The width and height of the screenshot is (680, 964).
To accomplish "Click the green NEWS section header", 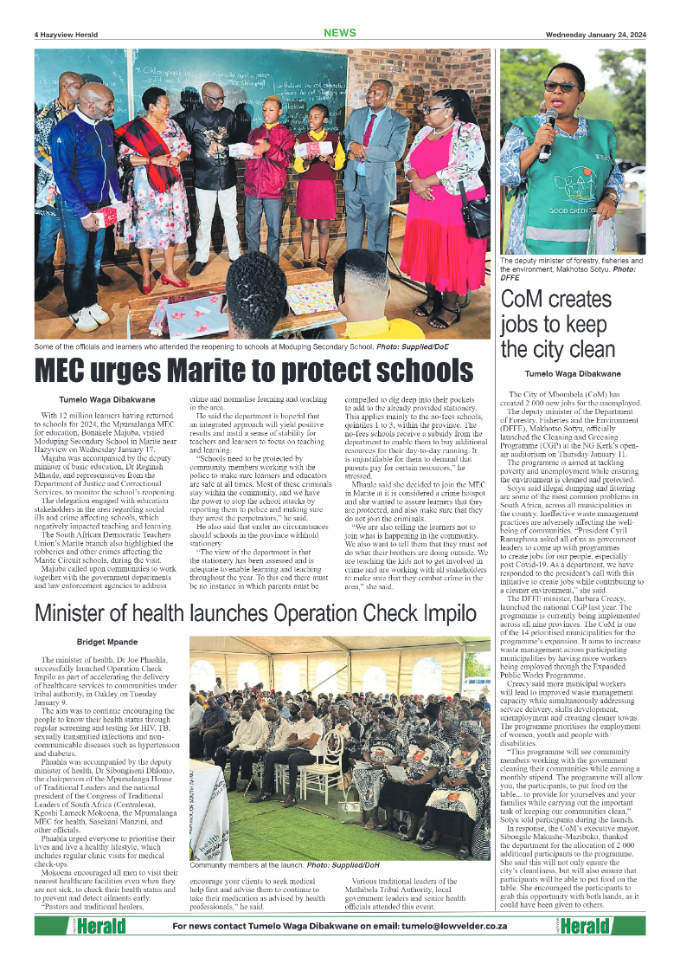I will [x=339, y=33].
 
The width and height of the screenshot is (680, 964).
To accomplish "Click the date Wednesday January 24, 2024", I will [x=595, y=35].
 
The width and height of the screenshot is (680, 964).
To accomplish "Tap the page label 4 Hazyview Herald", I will [x=66, y=35].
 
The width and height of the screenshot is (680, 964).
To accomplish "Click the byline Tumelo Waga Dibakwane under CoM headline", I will [x=572, y=373].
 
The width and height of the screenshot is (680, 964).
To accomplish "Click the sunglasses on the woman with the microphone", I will [x=561, y=86].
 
